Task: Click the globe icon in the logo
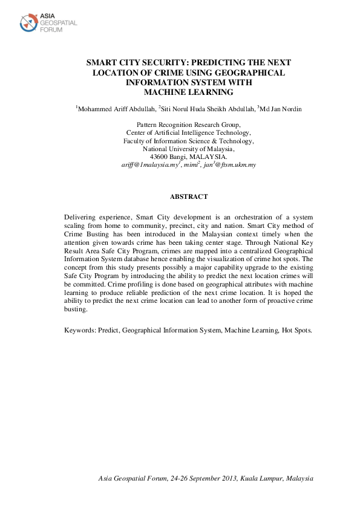point(28,23)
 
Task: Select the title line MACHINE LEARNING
point(188,92)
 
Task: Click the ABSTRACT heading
point(189,196)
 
